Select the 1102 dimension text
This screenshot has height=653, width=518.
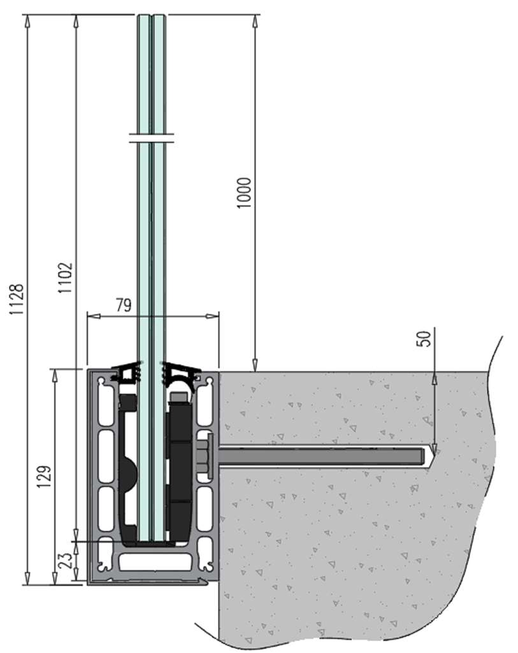(x=66, y=278)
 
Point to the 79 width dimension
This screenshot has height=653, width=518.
(x=124, y=305)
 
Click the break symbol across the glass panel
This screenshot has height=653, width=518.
(x=151, y=138)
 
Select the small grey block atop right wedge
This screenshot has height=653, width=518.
(x=179, y=398)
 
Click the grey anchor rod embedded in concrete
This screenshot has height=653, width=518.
(x=319, y=456)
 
